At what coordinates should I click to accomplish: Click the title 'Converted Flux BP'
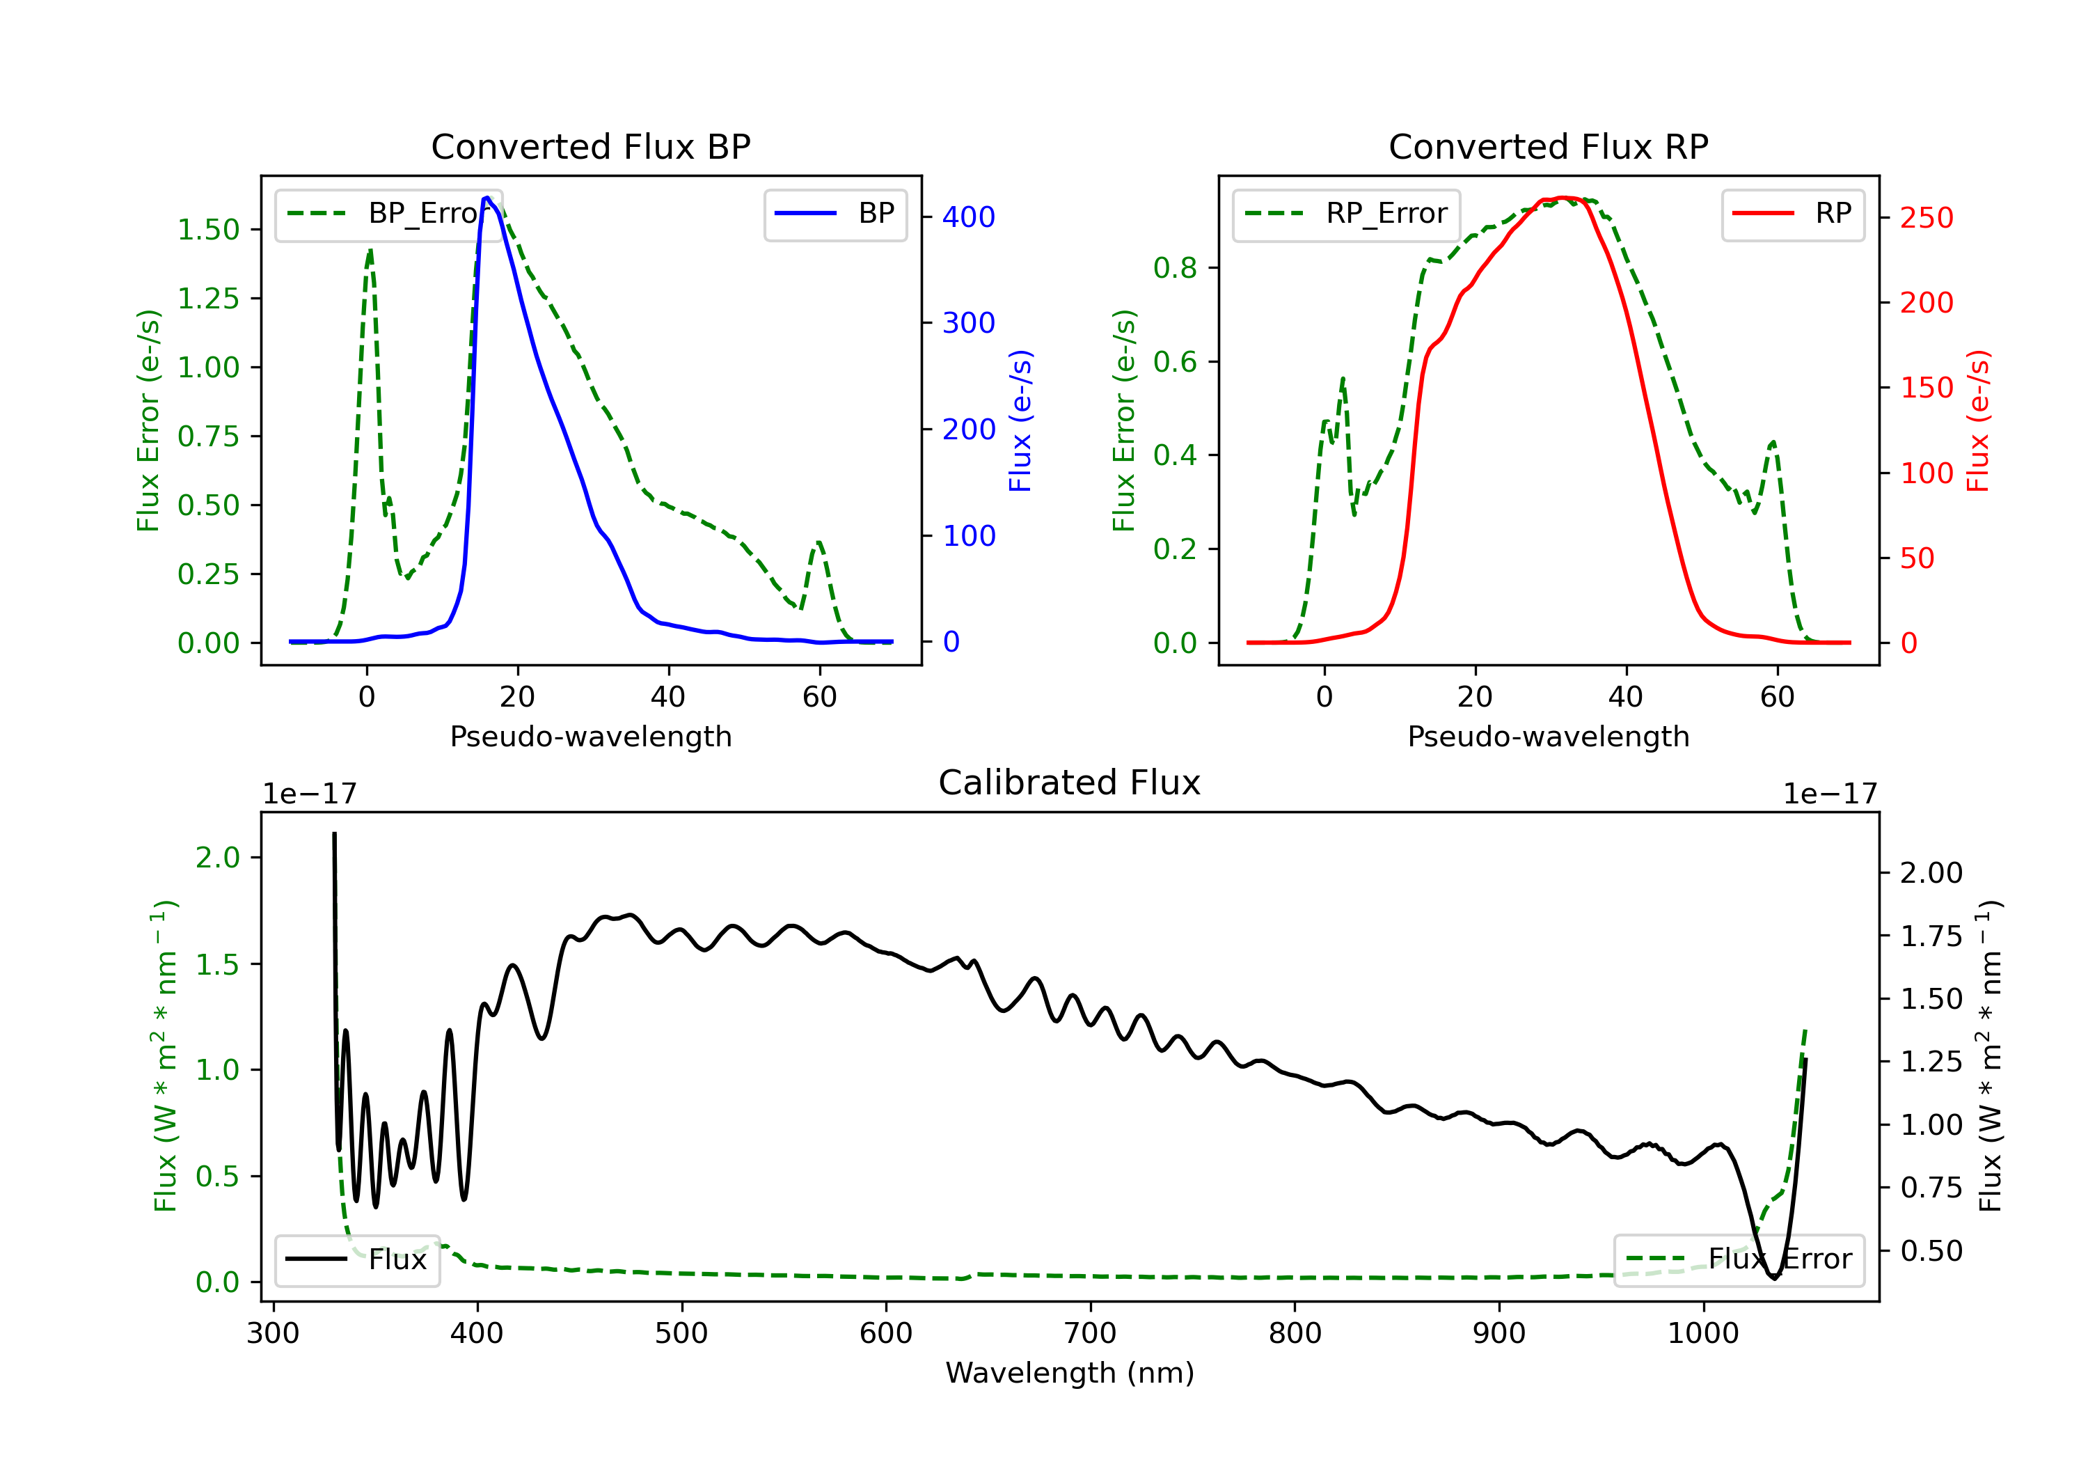590,146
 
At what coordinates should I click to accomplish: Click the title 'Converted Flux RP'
1548,146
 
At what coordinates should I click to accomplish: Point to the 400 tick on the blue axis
969,217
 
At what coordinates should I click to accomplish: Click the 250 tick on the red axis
1926,217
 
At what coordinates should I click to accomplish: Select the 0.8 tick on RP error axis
1175,267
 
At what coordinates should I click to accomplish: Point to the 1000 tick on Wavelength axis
1703,1333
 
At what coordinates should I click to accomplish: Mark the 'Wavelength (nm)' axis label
1070,1372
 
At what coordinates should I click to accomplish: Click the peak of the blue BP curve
487,198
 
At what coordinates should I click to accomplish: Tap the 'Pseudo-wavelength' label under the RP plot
1548,736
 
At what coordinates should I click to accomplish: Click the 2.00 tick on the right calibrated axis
1931,872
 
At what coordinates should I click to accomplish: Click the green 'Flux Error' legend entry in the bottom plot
1738,1259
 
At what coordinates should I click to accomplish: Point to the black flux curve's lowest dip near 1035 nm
1774,1278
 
